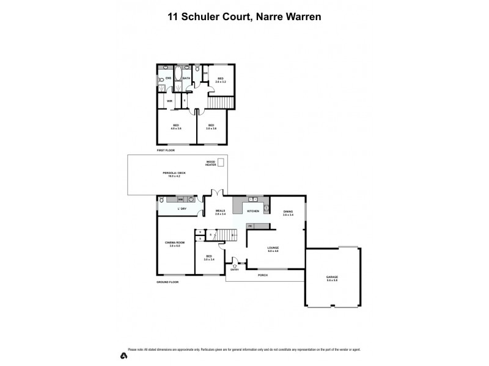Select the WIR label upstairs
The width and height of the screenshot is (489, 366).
point(169,100)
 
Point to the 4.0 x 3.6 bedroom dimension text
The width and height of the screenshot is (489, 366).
point(176,128)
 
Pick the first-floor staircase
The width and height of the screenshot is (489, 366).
point(215,101)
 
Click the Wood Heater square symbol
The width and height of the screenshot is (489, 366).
point(221,163)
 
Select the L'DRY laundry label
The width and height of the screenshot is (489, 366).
point(182,209)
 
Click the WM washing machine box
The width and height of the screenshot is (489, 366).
point(180,199)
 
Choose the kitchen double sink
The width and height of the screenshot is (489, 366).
point(252,199)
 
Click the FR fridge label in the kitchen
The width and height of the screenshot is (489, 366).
point(249,226)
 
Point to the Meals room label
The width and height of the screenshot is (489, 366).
point(221,211)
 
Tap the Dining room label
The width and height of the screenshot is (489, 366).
point(288,212)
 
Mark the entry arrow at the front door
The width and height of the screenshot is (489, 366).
point(235,266)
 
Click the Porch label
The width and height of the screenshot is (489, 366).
point(263,275)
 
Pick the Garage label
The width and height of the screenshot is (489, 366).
point(332,277)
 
